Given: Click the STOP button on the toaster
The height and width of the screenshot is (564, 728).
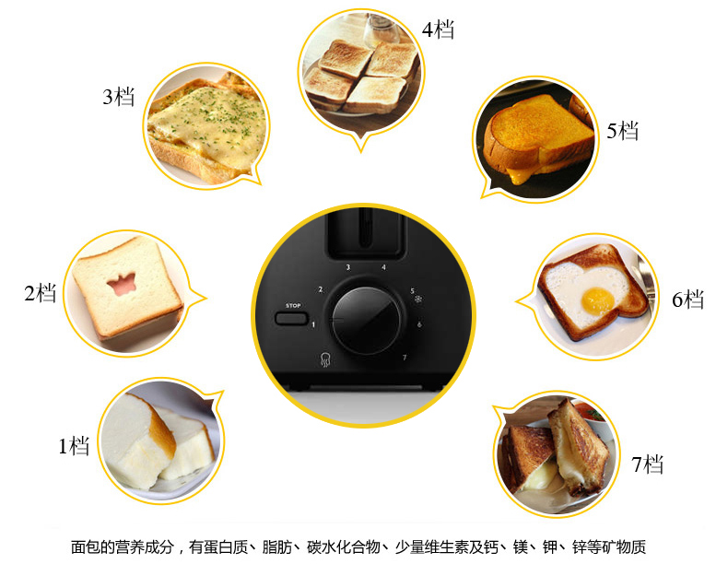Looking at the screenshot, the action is (291, 319).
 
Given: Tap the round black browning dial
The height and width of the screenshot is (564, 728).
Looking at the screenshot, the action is (367, 321).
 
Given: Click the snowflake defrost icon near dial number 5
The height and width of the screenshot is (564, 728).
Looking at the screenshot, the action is (418, 300).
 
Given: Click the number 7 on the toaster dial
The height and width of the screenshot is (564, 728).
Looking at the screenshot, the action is (405, 358).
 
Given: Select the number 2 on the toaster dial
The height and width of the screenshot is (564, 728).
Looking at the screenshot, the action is (320, 289).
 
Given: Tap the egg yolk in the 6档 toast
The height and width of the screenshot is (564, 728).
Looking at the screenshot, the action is (597, 300).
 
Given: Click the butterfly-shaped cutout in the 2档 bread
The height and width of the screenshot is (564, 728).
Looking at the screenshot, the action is (121, 284).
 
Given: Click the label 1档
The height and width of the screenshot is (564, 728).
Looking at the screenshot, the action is (74, 446).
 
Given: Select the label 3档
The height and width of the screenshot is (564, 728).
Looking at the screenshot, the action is (118, 97).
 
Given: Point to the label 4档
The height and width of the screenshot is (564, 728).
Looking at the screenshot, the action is (438, 29).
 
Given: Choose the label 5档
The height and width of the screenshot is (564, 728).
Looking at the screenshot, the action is (623, 131).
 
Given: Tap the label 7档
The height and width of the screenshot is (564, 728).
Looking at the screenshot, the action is (647, 464).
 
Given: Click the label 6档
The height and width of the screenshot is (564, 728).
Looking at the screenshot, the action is (688, 300).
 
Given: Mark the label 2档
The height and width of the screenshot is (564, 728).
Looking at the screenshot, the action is (41, 293).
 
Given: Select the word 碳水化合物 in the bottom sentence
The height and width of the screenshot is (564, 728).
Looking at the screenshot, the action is (343, 546).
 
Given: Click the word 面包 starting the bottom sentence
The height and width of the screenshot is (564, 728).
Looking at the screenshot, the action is (86, 546).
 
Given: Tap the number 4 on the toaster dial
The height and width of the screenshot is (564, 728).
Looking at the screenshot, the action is (383, 267).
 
